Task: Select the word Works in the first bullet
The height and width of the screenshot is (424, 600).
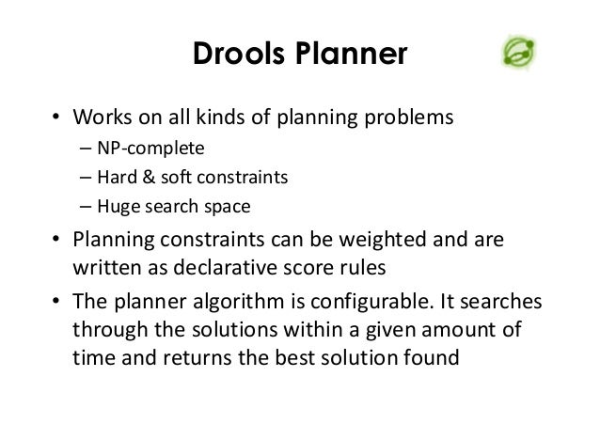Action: click(99, 119)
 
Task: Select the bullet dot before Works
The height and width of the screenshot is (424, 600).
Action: click(55, 120)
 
